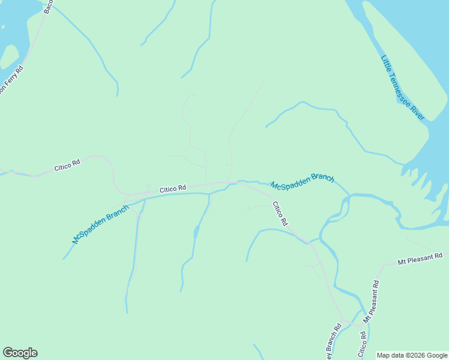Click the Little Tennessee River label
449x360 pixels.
pos(402,88)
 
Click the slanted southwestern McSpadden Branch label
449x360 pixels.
pos(100,224)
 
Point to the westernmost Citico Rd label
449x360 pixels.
pos(67,166)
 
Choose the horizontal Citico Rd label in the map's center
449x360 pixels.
pos(173,189)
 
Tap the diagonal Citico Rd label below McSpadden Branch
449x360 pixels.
pos(280,214)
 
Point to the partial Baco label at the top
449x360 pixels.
pos(49,7)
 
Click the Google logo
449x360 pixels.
pos(20,353)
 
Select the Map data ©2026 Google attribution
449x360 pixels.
pos(412,355)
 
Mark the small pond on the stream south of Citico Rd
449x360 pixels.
pos(196,231)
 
